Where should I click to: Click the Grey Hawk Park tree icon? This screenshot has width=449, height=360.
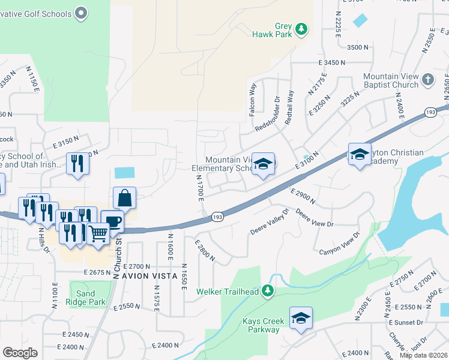point(301,28)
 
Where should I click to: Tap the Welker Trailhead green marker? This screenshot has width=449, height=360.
point(268,292)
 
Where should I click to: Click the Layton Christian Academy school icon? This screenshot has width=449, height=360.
point(359,154)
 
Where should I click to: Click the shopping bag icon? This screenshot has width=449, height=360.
point(124,197)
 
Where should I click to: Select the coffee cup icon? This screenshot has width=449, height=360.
point(112,221)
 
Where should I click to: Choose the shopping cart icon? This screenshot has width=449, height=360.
point(98,233)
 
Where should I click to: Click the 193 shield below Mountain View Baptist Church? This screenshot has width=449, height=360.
point(430,112)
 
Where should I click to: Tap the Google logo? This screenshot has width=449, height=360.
point(20,353)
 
